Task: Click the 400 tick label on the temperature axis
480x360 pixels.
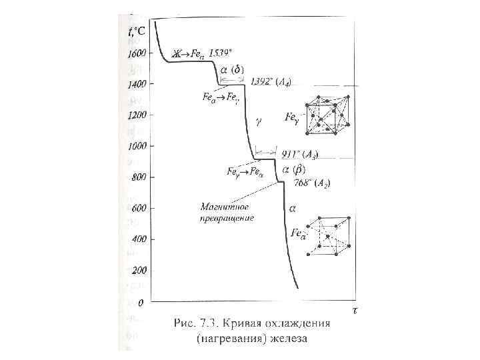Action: (138, 239)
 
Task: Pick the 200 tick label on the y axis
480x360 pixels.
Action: (138, 271)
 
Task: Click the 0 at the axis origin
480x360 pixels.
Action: (141, 303)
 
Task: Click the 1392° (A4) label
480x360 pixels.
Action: (271, 82)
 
